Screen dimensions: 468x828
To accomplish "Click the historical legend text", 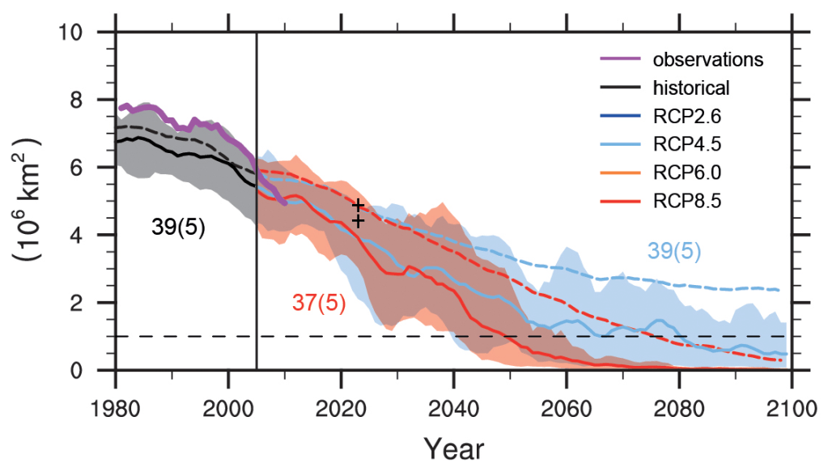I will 691,87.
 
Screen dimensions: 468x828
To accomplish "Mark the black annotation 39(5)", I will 178,228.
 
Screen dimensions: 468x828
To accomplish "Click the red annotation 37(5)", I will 319,303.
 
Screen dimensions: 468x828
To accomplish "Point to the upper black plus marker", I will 358,206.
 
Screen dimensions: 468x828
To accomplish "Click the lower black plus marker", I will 358,219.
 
